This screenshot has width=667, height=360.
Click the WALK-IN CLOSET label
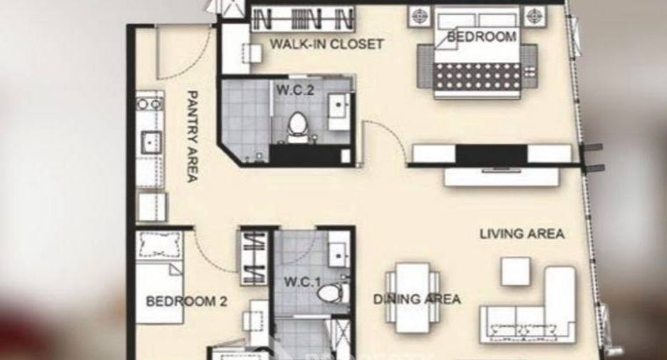[326, 43]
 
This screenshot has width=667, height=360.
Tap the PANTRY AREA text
[192, 136]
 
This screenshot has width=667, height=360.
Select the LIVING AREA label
[522, 234]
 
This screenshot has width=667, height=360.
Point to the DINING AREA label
[416, 299]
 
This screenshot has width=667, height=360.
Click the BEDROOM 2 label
[186, 302]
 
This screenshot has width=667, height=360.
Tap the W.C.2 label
[295, 91]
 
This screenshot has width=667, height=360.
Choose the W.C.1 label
[302, 282]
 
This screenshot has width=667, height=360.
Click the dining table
[412, 297]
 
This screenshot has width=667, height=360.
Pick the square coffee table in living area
[515, 271]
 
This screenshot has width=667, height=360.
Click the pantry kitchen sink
[150, 142]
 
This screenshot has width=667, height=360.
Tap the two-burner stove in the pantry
[150, 103]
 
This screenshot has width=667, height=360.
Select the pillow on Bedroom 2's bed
[159, 245]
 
